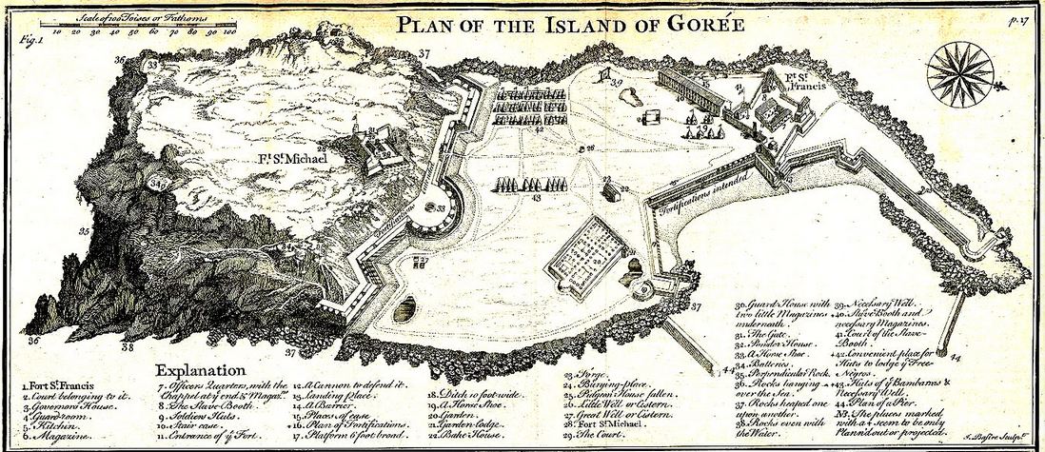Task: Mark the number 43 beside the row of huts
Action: coord(536,199)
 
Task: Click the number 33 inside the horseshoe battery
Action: coord(441,207)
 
